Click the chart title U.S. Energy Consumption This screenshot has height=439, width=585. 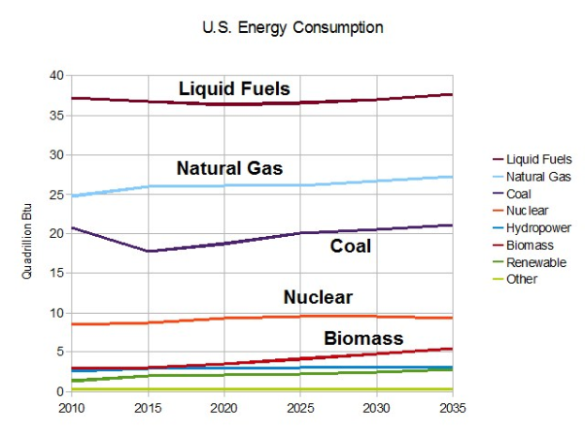point(292,27)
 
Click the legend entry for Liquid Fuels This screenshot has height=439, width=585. point(538,160)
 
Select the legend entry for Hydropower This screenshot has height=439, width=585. point(538,228)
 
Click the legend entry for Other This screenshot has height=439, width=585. point(522,279)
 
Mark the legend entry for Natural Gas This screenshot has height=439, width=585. point(538,177)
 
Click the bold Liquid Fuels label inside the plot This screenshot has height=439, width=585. point(235,89)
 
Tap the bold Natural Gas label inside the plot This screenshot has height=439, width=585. point(230,169)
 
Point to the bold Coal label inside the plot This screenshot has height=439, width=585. point(350,246)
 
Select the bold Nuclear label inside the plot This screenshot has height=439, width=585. point(317,298)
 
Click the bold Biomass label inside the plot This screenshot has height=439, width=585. point(363,338)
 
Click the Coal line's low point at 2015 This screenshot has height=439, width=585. point(146,251)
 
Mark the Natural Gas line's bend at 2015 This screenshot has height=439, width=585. point(146,186)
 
